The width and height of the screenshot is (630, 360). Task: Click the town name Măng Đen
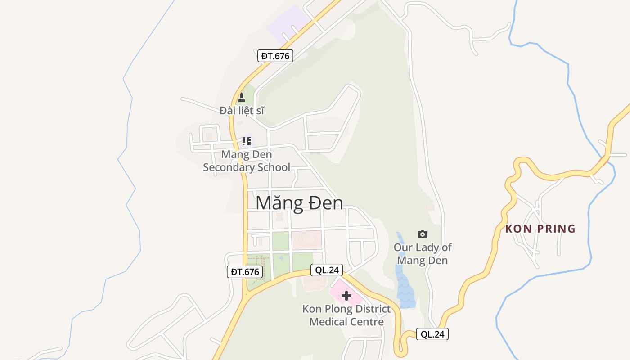[299, 203]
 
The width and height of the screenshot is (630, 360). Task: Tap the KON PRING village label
[540, 229]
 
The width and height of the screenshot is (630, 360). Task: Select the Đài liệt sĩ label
[242, 110]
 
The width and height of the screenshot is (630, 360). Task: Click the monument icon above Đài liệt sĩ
[242, 97]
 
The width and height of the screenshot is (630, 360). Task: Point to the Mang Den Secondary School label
[247, 161]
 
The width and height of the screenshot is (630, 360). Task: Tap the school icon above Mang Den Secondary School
[246, 141]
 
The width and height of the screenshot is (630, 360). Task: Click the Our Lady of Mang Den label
[423, 254]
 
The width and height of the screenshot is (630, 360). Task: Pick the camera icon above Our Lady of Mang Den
[422, 234]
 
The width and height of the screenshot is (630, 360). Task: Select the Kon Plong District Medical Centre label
[346, 315]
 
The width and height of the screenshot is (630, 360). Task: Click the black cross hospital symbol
[346, 296]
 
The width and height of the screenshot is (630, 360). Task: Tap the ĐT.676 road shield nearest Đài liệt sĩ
[275, 56]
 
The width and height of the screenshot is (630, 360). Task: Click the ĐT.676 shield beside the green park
[245, 271]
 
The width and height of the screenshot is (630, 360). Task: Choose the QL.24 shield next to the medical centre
[327, 270]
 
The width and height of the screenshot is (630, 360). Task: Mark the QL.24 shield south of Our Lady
[432, 334]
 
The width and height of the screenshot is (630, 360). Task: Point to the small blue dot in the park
[281, 258]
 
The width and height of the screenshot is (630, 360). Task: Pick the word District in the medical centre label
[366, 309]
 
